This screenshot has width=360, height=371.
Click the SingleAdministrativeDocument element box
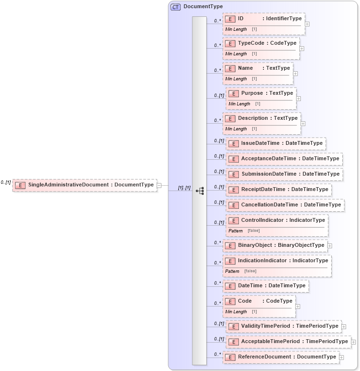pos(85,185)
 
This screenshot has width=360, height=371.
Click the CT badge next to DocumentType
pos(175,7)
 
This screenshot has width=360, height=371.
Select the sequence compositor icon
pos(199,191)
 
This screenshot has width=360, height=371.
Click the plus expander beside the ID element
pos(307,24)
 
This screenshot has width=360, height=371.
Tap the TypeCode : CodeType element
pos(261,43)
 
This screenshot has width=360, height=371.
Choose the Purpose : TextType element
pos(261,93)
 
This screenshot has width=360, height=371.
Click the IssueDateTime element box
pos(276,143)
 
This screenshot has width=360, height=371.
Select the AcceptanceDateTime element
pos(284,159)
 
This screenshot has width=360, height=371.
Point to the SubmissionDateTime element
pos(284,174)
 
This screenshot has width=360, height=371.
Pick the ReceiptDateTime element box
pos(279,190)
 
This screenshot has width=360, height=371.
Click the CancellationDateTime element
pos(285,205)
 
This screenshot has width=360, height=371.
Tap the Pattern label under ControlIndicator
pos(236,231)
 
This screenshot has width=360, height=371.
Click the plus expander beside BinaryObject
pos(330,245)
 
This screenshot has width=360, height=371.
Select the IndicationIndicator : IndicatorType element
pos(277,261)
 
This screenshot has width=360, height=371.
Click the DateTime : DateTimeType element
pos(265,286)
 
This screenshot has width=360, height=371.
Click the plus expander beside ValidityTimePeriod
pos(344,326)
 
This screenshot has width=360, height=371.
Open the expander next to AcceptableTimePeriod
pos(354,342)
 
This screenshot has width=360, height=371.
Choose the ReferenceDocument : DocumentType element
pos(281,357)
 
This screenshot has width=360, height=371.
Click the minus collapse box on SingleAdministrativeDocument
pos(159,185)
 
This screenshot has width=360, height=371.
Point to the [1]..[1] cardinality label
pos(185,188)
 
